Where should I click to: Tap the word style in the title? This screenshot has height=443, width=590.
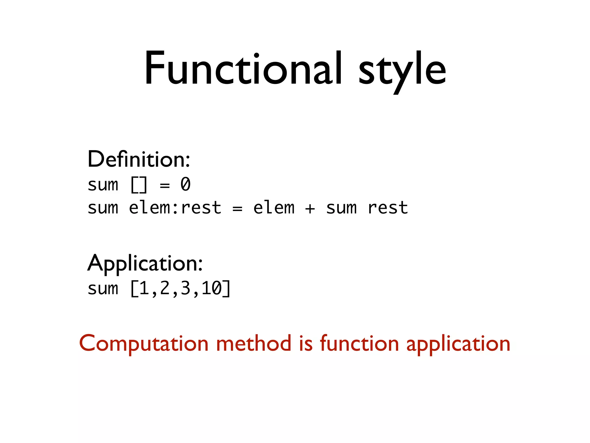coord(402,71)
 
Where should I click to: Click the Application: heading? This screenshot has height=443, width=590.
coord(145,263)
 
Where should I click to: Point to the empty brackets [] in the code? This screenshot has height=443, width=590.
coord(139,185)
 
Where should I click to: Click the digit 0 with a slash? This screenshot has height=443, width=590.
coord(186,185)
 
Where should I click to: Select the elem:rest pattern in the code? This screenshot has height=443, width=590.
coord(175,208)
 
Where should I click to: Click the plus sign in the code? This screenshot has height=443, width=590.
coord(310,209)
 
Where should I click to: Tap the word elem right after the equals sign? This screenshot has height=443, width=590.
coord(274,208)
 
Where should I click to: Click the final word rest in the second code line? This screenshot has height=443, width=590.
coord(388,208)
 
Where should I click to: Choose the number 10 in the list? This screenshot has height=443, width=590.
coord(211,288)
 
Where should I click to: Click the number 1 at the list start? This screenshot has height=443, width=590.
coord(144,288)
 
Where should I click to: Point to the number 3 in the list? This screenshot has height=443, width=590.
coord(186,288)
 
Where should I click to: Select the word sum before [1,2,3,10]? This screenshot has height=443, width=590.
coord(103,289)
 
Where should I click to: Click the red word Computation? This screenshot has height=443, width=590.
coord(144,344)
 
